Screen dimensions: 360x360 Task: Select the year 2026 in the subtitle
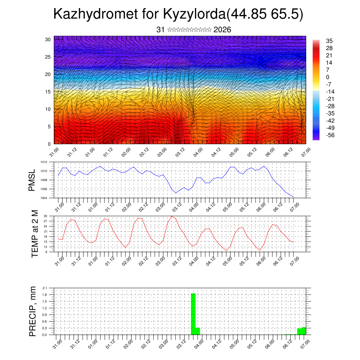coord(222,30)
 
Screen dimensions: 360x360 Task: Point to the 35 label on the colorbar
coord(329,41)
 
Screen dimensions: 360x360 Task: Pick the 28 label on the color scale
coord(329,48)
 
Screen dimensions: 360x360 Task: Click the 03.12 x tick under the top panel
coord(180,154)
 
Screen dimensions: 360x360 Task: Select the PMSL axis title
coord(32,180)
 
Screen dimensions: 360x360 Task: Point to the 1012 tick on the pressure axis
coord(43,162)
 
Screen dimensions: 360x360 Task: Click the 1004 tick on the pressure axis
coord(43,198)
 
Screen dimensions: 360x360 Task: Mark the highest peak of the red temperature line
coord(172,216)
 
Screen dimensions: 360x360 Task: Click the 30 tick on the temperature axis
coord(45,216)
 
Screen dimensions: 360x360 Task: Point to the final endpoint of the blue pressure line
coord(293,197)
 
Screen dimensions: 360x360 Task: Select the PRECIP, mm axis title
coord(33,311)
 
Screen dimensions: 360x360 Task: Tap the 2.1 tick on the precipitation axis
coord(45,288)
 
